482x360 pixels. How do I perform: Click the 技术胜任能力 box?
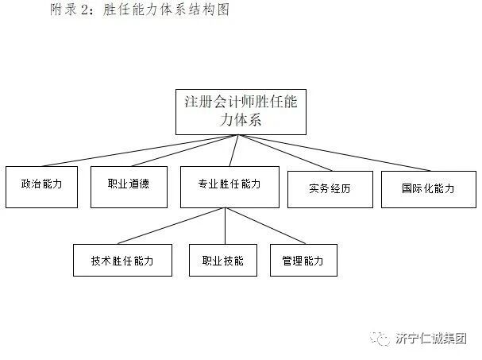pos(121,260)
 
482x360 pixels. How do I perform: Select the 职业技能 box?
pos(222,260)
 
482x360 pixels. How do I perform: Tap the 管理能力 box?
pos(303,260)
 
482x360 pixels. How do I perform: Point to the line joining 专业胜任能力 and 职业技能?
pos(224,226)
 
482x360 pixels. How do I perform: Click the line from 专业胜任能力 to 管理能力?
pos(266,226)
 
